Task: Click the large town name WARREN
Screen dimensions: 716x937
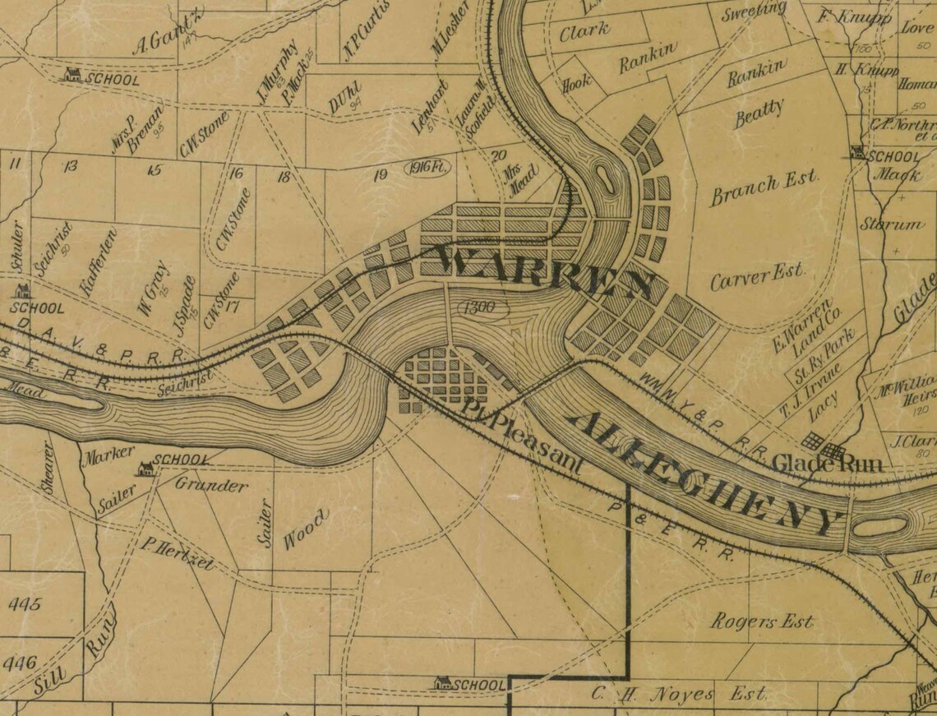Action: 543,272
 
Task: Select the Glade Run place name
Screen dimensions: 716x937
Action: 827,464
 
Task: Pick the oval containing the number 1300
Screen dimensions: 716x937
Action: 478,308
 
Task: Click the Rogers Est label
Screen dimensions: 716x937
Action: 761,621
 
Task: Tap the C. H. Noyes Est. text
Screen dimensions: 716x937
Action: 679,694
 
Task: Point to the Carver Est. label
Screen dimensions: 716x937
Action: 757,276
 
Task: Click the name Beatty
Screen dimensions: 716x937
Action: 759,113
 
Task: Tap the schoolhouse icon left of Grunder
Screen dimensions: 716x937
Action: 145,469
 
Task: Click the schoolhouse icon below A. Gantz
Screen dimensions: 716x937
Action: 72,75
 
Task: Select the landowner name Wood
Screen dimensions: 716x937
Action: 306,529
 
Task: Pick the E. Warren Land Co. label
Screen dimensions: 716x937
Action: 792,329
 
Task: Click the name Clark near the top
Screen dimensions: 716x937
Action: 584,31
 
